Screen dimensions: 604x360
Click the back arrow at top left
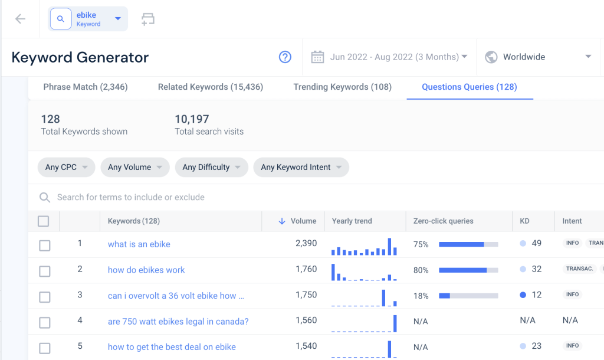(x=20, y=19)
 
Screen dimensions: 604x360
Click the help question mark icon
(x=285, y=57)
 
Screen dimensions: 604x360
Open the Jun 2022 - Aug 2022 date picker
(x=389, y=57)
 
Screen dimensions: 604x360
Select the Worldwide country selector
(x=538, y=57)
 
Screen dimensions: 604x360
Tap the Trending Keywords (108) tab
(x=343, y=87)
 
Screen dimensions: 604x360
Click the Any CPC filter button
(x=66, y=167)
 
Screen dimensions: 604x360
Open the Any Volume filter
(x=135, y=167)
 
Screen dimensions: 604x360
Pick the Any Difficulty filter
(x=212, y=167)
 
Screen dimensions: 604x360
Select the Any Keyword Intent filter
(x=301, y=167)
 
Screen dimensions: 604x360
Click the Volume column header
(x=303, y=221)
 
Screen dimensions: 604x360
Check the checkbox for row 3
(x=45, y=297)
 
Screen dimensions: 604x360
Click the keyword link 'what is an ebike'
(x=139, y=244)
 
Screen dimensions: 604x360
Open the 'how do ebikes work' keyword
(x=146, y=270)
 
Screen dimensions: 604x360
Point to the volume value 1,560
(x=306, y=320)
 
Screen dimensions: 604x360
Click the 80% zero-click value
(x=421, y=270)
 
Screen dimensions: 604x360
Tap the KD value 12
(x=537, y=295)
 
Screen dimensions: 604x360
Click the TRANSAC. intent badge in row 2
(x=579, y=269)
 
